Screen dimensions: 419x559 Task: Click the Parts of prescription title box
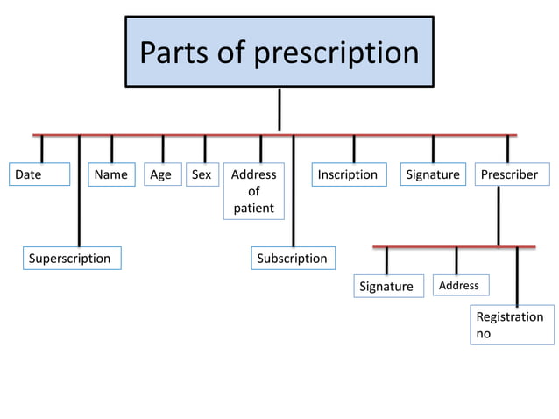tap(279, 52)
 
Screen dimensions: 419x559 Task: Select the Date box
tap(39, 174)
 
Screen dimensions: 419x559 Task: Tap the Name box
tap(111, 174)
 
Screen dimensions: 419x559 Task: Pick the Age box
tap(161, 174)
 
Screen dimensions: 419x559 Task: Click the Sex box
tap(202, 174)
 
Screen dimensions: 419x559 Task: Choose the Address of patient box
tap(253, 191)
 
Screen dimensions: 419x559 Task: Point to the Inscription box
tap(348, 174)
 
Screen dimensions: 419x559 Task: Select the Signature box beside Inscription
tap(433, 174)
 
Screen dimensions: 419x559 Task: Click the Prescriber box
tap(509, 174)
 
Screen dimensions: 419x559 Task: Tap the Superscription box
tap(70, 258)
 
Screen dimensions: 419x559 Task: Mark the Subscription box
tap(292, 258)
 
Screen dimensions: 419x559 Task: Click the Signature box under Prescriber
tap(386, 286)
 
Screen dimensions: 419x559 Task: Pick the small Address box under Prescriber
tap(460, 285)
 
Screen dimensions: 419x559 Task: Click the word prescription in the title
tap(336, 53)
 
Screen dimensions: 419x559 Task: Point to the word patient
tap(253, 208)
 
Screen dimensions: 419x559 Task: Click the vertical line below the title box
tap(279, 110)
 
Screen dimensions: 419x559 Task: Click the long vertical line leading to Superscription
tap(79, 202)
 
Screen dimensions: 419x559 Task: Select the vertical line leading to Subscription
tap(293, 202)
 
